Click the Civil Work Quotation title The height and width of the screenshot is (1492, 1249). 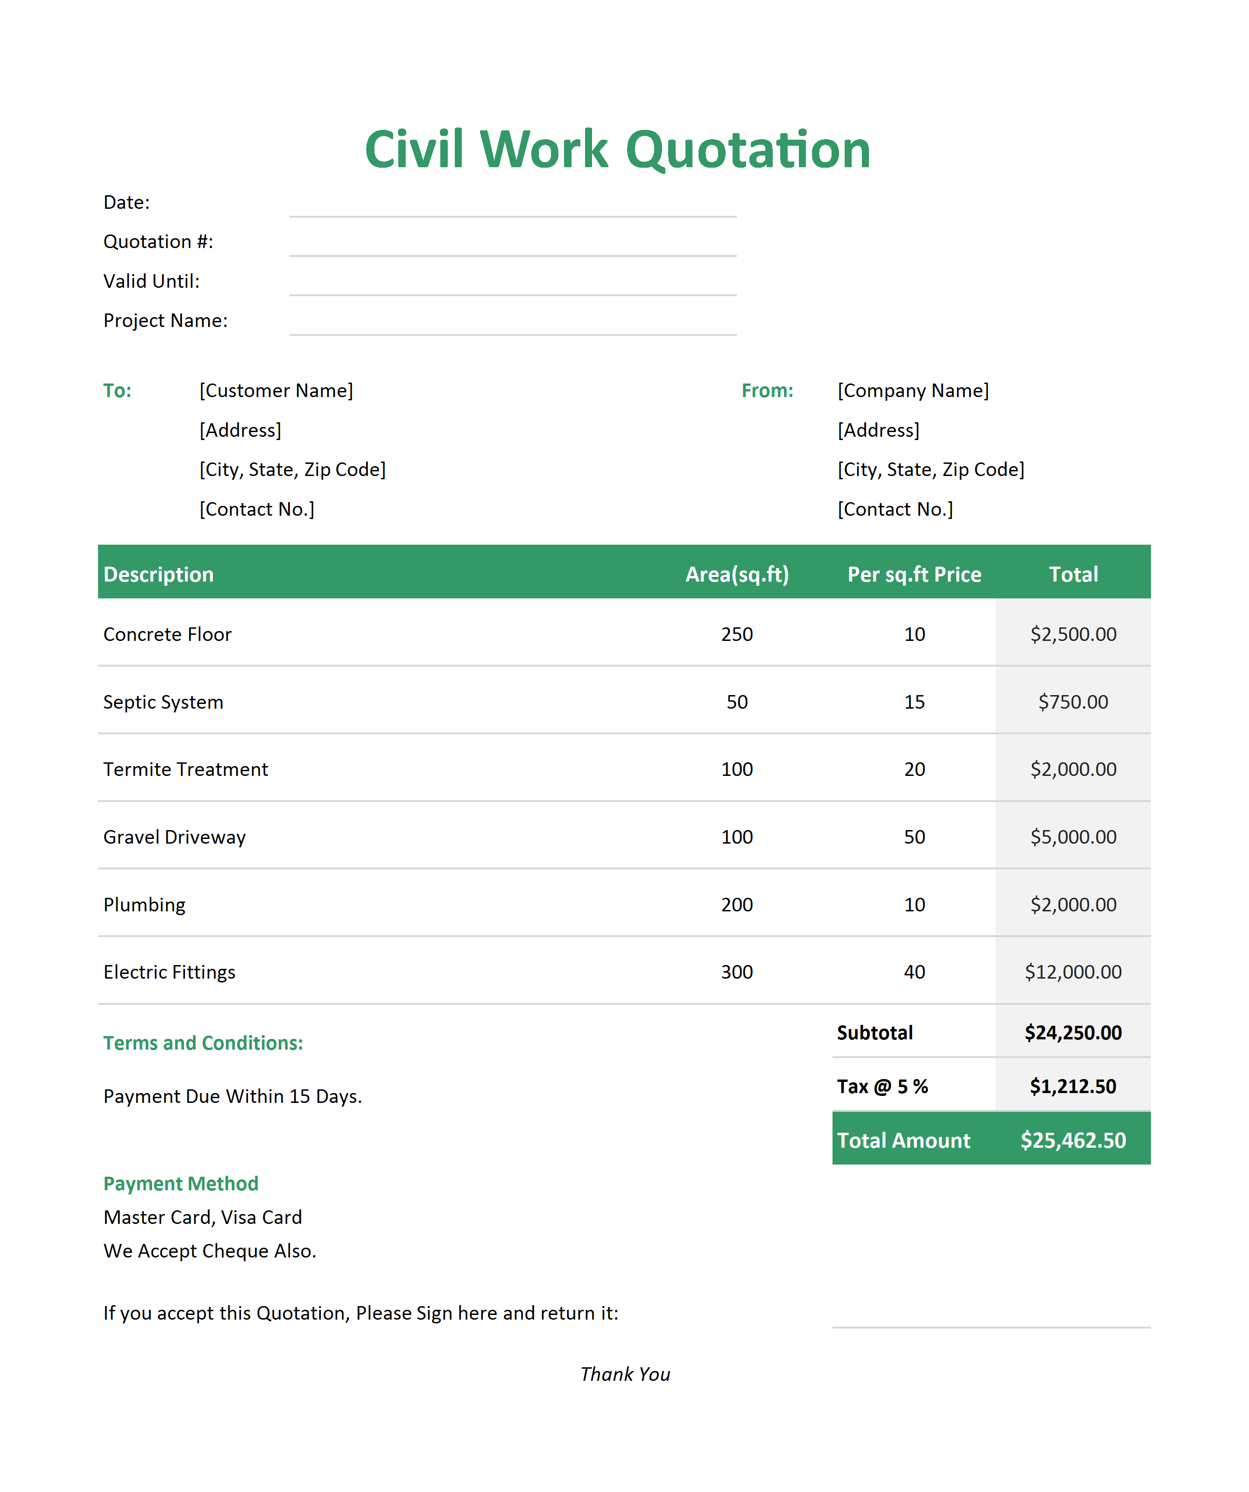point(617,150)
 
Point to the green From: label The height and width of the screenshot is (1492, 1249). point(767,391)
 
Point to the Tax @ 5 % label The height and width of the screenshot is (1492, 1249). point(882,1087)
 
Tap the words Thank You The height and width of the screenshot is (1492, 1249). point(625,1374)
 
